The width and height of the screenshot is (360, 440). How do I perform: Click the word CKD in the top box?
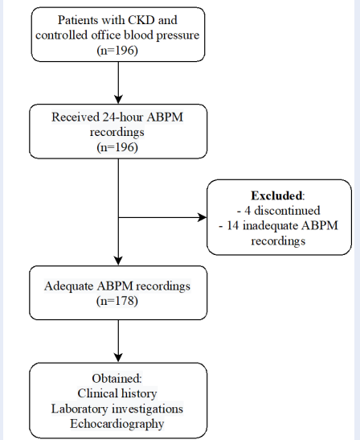141,20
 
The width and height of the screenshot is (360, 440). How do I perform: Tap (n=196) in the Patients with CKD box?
117,51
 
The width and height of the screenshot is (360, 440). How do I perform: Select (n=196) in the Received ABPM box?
117,147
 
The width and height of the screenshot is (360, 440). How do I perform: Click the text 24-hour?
123,117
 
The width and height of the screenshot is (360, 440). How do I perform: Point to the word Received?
76,117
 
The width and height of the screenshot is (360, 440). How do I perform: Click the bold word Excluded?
276,195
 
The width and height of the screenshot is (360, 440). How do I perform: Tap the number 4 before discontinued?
247,211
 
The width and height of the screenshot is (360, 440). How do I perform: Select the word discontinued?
287,211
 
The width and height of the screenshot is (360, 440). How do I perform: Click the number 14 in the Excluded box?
232,225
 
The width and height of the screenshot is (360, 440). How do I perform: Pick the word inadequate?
270,226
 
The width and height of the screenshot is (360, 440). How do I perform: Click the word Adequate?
68,286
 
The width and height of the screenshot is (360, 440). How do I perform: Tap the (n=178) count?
117,301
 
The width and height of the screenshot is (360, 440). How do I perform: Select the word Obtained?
116,378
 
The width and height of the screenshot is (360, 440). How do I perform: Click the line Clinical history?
117,393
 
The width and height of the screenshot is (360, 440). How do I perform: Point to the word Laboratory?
80,409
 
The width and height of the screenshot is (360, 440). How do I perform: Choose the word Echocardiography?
117,424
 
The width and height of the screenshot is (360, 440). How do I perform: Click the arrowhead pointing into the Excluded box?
202,217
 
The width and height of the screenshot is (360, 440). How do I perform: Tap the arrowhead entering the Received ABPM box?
118,100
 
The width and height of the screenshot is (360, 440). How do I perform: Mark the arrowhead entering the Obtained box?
118,358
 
